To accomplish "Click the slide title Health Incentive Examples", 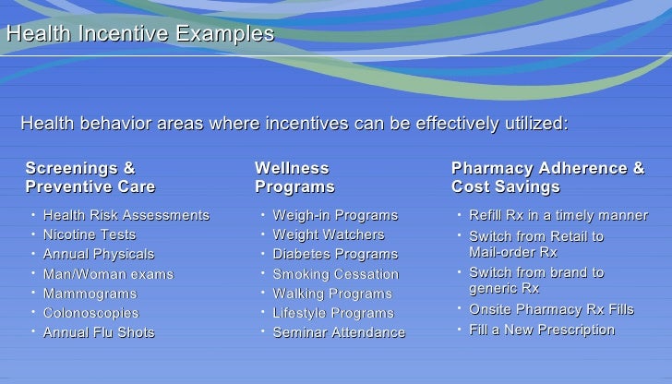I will click(x=140, y=34).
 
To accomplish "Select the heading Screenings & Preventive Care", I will click(x=90, y=177).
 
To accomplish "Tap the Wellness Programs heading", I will click(x=294, y=177).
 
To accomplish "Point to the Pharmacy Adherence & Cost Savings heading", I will click(x=547, y=177).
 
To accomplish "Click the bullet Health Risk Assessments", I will click(x=126, y=215).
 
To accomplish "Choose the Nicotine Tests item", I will click(x=90, y=234).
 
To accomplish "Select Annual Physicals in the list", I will click(x=99, y=254).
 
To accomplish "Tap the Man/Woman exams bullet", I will click(x=108, y=274).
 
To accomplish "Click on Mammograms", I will click(x=90, y=294).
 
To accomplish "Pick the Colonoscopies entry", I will click(x=91, y=313).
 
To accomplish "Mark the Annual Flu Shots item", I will click(x=99, y=332).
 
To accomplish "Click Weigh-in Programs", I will click(x=335, y=215).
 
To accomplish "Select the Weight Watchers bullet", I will click(x=329, y=234).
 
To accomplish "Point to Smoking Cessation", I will click(x=336, y=274).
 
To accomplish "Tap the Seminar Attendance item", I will click(x=339, y=332).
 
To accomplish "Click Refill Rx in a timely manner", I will click(x=558, y=215).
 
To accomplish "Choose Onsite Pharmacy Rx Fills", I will click(x=551, y=309).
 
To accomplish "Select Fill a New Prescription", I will click(x=542, y=330).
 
